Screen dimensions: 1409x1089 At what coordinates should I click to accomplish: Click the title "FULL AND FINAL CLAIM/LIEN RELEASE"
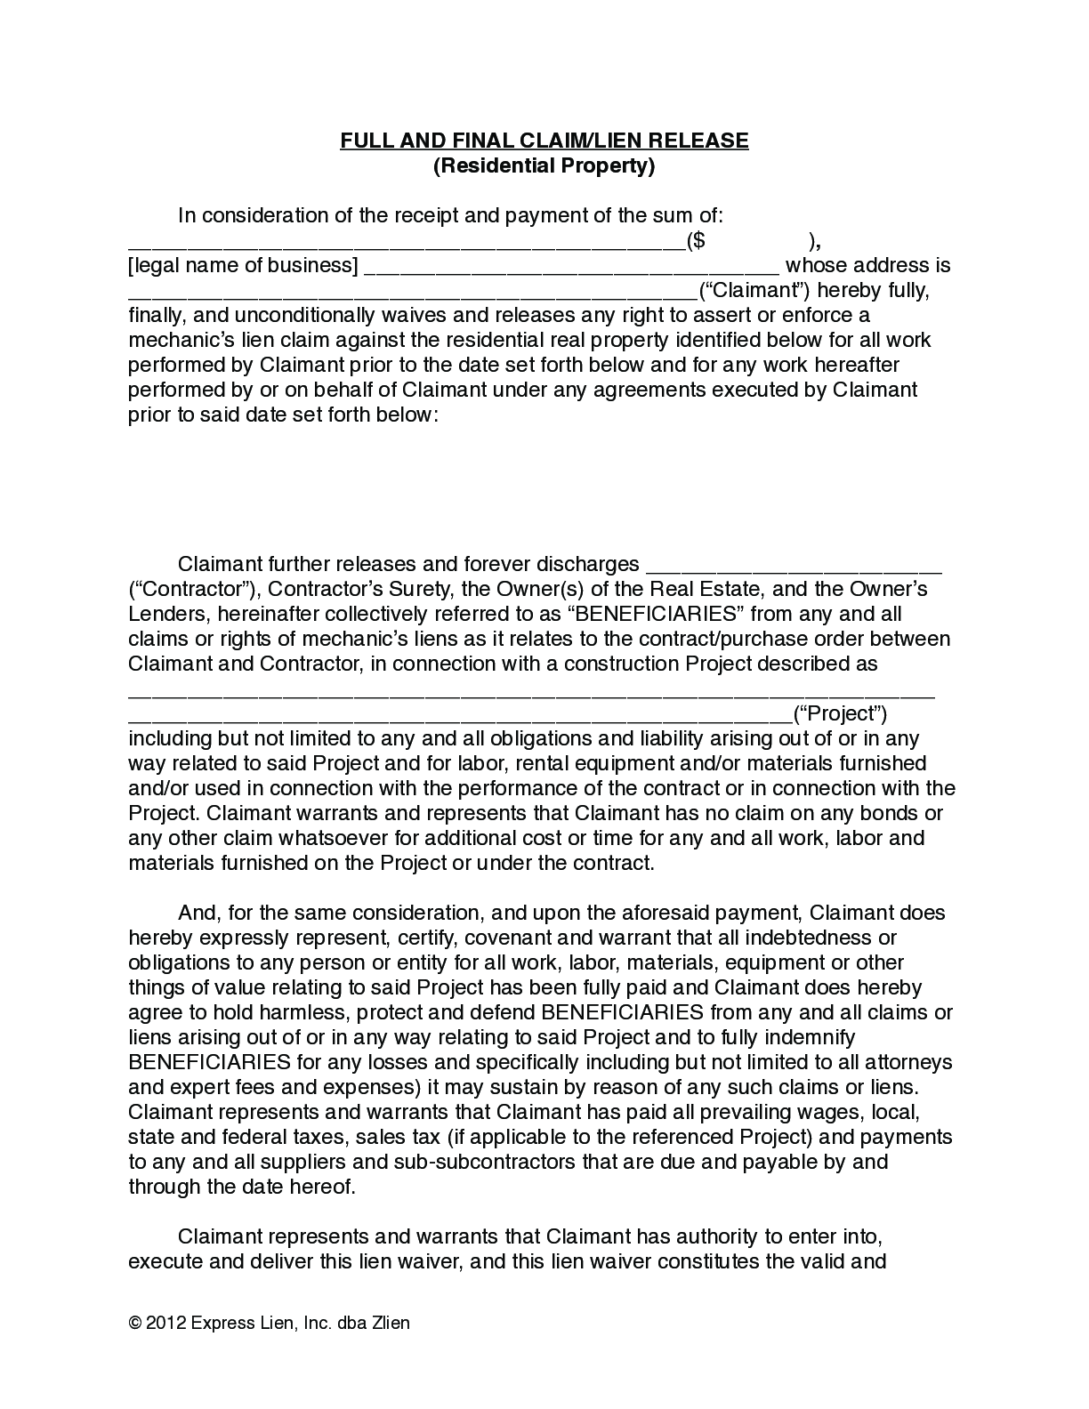(544, 141)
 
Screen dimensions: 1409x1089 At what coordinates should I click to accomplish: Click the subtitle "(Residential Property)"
(544, 165)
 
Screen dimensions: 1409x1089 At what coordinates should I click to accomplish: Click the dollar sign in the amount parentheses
(700, 240)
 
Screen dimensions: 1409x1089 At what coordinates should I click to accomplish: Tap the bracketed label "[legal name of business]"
(243, 265)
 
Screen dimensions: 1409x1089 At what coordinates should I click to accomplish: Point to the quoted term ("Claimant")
(754, 290)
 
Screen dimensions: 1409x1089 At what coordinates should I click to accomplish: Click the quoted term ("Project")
(840, 713)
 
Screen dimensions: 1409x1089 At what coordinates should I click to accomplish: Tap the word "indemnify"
(808, 1037)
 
